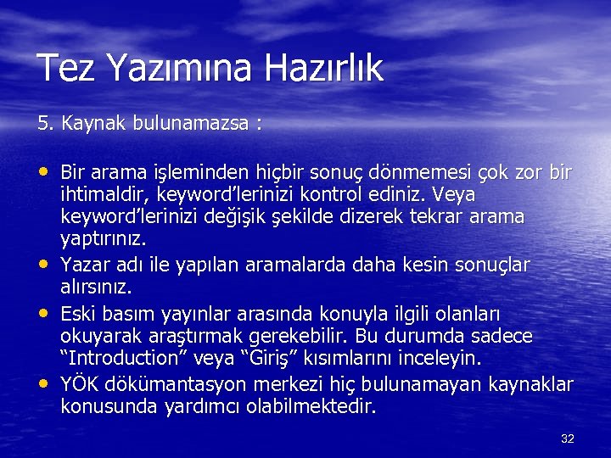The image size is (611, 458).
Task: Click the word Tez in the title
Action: [64, 69]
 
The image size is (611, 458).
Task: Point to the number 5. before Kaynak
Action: [44, 124]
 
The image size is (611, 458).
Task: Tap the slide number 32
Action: [568, 438]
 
